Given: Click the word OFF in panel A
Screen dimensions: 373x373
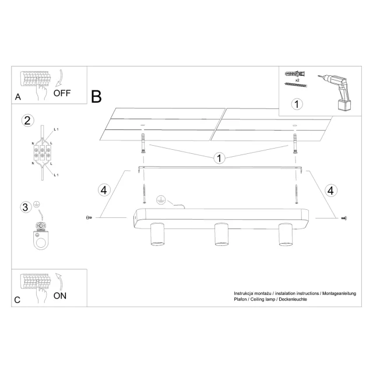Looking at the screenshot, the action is pyautogui.click(x=62, y=93).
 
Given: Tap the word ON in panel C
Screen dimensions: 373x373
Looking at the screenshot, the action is pyautogui.click(x=59, y=295).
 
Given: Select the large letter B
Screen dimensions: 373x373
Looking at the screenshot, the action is pyautogui.click(x=96, y=96).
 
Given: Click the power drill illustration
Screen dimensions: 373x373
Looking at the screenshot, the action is pyautogui.click(x=335, y=92).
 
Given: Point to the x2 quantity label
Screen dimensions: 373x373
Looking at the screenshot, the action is pyautogui.click(x=297, y=80).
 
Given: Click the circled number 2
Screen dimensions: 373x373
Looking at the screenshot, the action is pyautogui.click(x=27, y=121).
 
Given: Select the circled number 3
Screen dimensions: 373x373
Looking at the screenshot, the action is pyautogui.click(x=26, y=207).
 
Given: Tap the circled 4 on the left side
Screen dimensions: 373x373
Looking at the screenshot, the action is pyautogui.click(x=104, y=190).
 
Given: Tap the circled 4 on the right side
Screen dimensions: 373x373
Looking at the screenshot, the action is pyautogui.click(x=330, y=191).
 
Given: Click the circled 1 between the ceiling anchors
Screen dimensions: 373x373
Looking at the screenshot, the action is pyautogui.click(x=219, y=158).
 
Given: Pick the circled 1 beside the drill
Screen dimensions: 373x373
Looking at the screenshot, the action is pyautogui.click(x=297, y=104).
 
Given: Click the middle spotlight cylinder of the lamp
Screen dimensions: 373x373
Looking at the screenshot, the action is pyautogui.click(x=221, y=234).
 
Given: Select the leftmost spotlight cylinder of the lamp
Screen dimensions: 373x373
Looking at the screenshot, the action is pyautogui.click(x=157, y=234).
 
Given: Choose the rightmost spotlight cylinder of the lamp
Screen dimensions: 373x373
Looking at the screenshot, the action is pyautogui.click(x=286, y=234).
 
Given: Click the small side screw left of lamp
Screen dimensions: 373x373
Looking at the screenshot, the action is pyautogui.click(x=89, y=217).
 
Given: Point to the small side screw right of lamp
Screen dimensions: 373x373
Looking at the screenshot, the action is pyautogui.click(x=344, y=218).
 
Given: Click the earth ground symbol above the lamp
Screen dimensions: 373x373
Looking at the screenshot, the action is pyautogui.click(x=161, y=200).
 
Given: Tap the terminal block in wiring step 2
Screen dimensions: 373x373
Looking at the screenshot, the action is pyautogui.click(x=42, y=153).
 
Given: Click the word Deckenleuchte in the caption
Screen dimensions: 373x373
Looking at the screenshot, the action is pyautogui.click(x=293, y=299).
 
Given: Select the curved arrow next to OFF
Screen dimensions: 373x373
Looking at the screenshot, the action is pyautogui.click(x=59, y=78).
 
